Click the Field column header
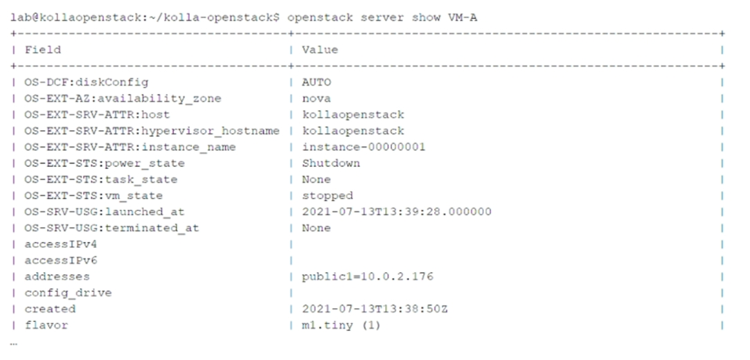click(42, 50)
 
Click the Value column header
click(319, 50)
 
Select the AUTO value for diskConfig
click(316, 82)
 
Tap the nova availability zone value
click(316, 98)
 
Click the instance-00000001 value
click(364, 147)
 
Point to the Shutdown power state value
click(330, 163)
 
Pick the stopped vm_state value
click(327, 195)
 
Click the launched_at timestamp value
click(397, 212)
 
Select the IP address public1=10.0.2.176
click(367, 276)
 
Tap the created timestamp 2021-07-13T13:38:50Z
click(375, 309)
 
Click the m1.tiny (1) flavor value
click(341, 325)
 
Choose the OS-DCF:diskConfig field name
click(87, 82)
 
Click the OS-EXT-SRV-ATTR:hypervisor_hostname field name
click(152, 131)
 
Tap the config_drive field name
click(68, 293)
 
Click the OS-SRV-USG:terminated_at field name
click(112, 228)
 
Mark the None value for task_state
click(316, 179)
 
